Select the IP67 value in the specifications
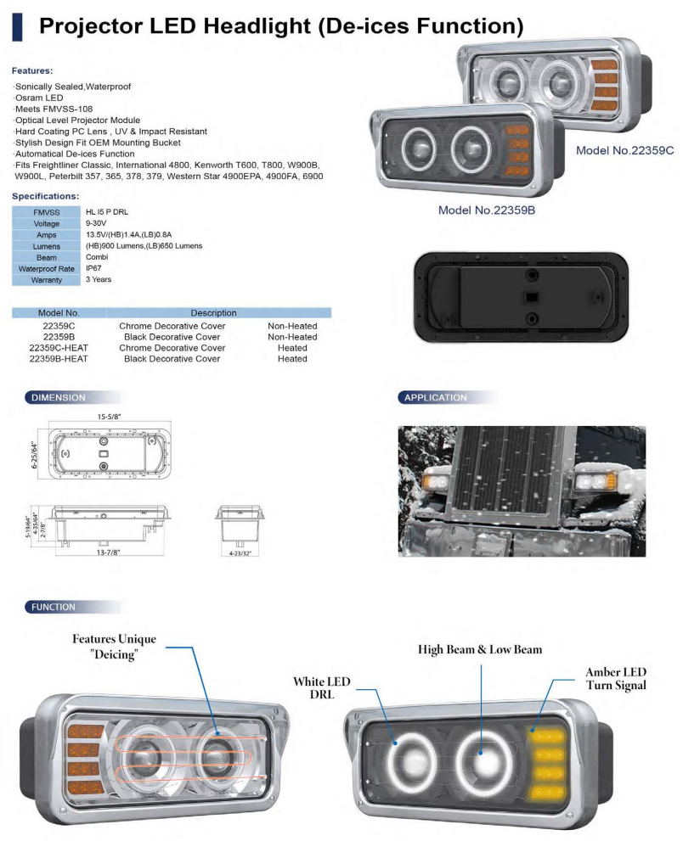(95, 267)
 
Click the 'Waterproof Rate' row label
(47, 268)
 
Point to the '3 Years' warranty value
(99, 279)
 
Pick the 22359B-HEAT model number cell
(59, 359)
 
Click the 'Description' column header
(213, 313)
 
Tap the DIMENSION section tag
(59, 397)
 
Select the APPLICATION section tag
(435, 397)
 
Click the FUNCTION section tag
(54, 607)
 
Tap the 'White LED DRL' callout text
(322, 688)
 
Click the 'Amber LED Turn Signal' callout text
(615, 679)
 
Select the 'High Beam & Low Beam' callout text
(479, 649)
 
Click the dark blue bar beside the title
(16, 27)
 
